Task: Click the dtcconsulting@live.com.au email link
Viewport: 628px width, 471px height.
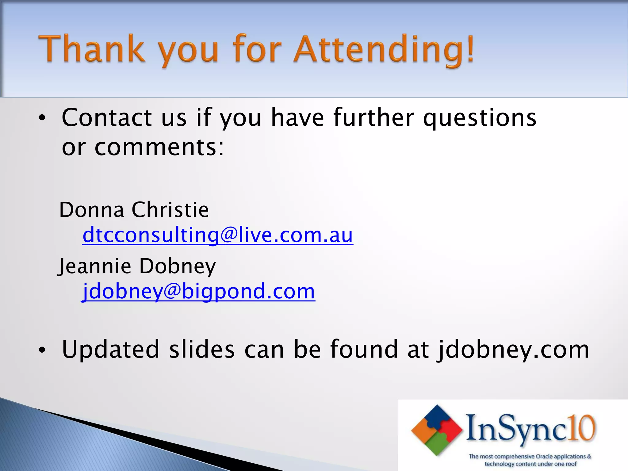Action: click(218, 235)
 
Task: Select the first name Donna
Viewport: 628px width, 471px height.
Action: click(92, 210)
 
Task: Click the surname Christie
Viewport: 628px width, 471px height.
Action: click(170, 210)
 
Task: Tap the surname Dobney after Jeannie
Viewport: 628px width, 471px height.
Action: click(178, 266)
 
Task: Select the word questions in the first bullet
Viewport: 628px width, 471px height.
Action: click(480, 118)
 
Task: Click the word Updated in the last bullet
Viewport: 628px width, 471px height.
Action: click(111, 350)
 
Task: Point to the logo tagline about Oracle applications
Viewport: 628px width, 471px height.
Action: click(530, 460)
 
